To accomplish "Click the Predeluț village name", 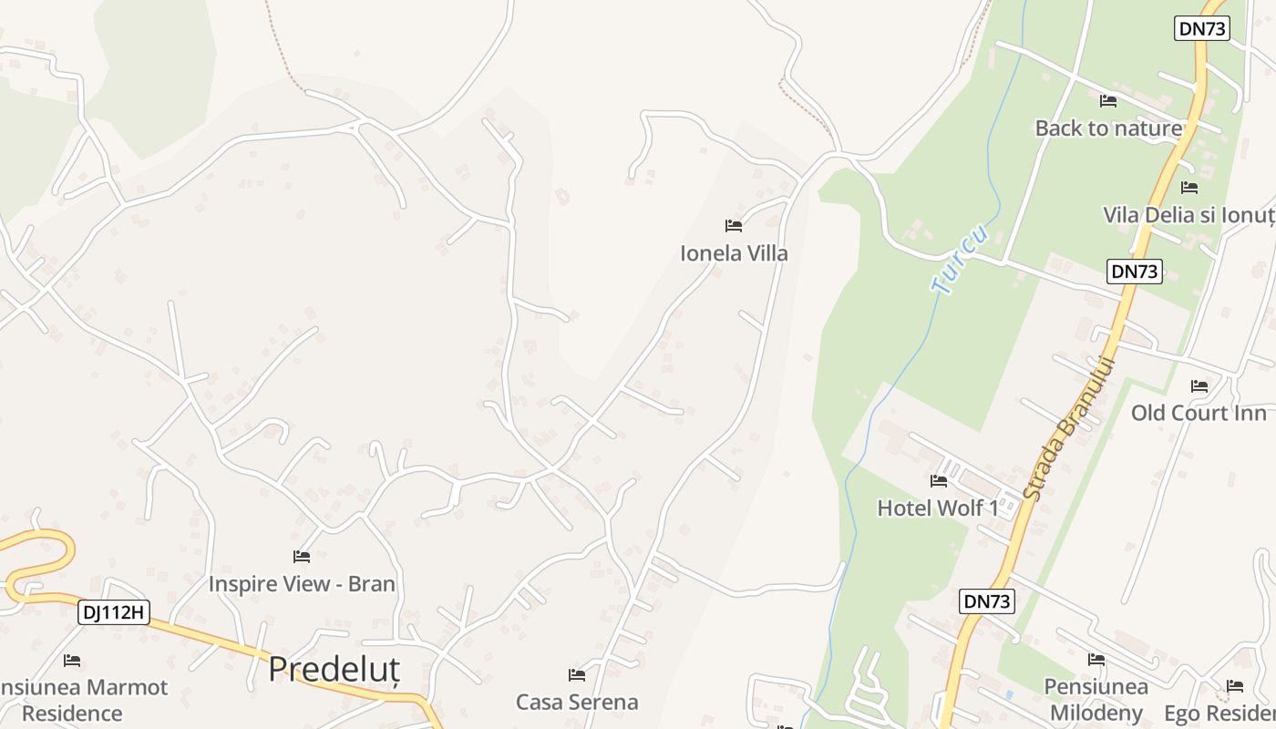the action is coord(334,670).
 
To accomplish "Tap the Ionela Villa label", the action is coord(734,253).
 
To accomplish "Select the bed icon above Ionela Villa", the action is coord(733,225).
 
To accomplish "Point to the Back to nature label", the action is coord(1108,128).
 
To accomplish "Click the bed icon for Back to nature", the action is coord(1108,101).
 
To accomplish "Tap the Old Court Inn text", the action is coord(1199,413).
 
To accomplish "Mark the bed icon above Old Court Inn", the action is coord(1199,386).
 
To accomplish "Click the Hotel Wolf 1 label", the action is coord(937,508).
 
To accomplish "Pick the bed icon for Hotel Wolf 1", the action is coord(939,480).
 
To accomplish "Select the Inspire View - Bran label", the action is coord(302,583).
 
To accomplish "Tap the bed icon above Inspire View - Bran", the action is coord(302,556).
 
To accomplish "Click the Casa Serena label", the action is coord(577,702).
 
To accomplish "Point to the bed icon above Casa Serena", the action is coord(577,675).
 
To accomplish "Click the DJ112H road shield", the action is coord(114,612).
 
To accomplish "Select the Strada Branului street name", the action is coord(1070,428).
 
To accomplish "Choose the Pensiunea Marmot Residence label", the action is coord(82,699).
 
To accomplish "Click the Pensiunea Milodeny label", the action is coord(1096,699).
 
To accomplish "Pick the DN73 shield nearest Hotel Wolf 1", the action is coord(987,601).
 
